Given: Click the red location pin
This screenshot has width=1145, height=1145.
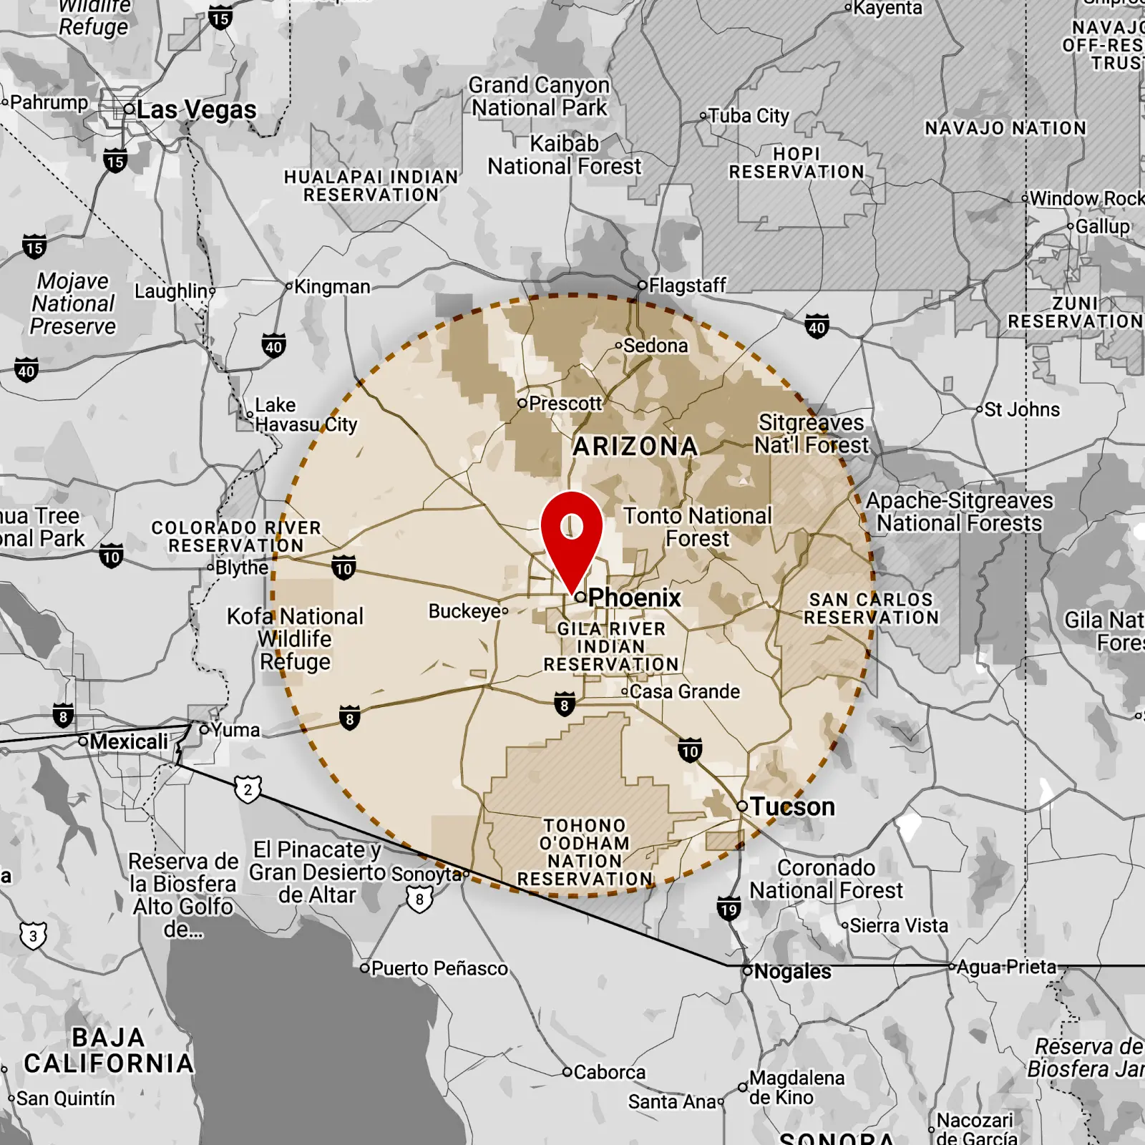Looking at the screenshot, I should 572,533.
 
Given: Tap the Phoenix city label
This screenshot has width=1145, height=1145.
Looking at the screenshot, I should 634,598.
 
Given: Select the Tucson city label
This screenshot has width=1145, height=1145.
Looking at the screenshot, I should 792,807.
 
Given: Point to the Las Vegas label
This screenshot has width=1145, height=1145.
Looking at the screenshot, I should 196,110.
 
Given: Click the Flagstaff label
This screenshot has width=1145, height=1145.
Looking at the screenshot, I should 687,286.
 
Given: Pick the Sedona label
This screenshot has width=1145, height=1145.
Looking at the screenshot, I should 655,346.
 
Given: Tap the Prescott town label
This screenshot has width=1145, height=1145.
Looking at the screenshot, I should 565,404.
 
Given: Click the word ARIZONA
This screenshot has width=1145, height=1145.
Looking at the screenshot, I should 635,447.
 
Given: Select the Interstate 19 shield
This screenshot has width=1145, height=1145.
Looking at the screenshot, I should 729,909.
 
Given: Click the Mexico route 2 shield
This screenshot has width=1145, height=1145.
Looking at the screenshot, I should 248,790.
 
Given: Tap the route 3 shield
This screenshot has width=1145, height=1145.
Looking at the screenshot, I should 33,936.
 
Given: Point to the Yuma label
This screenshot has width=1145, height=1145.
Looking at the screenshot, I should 235,730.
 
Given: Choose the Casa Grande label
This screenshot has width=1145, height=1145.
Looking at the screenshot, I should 685,691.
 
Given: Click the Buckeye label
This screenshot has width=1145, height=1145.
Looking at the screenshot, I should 464,611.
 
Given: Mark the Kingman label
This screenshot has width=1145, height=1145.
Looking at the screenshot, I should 332,287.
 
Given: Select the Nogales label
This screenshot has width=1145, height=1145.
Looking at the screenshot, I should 792,971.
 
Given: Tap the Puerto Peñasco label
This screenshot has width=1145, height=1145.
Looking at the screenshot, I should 439,968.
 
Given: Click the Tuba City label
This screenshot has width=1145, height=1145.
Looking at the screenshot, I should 749,116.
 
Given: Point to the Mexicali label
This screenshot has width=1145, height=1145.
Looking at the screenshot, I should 129,741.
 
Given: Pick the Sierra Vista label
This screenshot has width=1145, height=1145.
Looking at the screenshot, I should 898,925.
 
